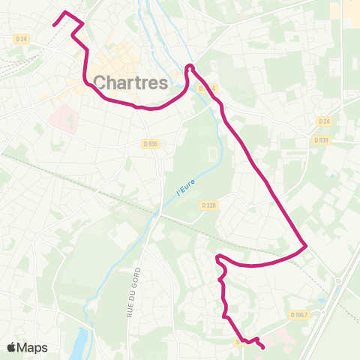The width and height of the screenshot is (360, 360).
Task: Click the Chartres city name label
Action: [x=131, y=82]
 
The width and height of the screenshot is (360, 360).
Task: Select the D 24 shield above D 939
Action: [x=323, y=121]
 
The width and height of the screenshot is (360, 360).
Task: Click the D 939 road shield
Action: [x=322, y=140]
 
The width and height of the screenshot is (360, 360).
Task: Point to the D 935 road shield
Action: [x=150, y=143]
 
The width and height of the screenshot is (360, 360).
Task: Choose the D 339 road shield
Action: [x=208, y=205]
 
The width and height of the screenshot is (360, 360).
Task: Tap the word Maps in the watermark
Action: [x=33, y=347]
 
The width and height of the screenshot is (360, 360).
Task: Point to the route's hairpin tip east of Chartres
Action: [x=189, y=67]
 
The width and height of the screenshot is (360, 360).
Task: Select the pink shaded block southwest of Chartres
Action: [x=63, y=118]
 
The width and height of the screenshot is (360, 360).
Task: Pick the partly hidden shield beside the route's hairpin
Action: [x=207, y=88]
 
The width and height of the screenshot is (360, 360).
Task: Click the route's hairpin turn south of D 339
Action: [x=218, y=258]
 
